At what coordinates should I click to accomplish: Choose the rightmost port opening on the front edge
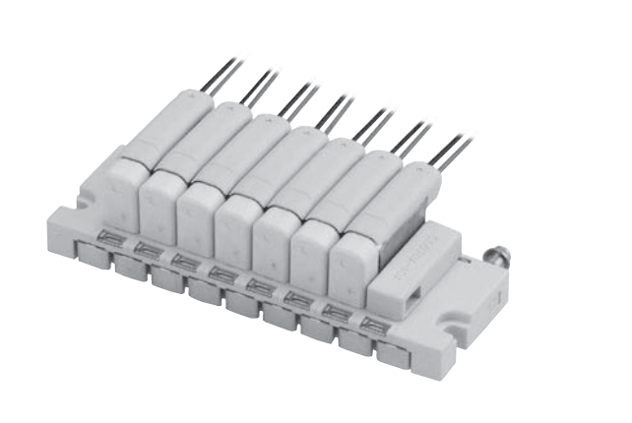[373, 324]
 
